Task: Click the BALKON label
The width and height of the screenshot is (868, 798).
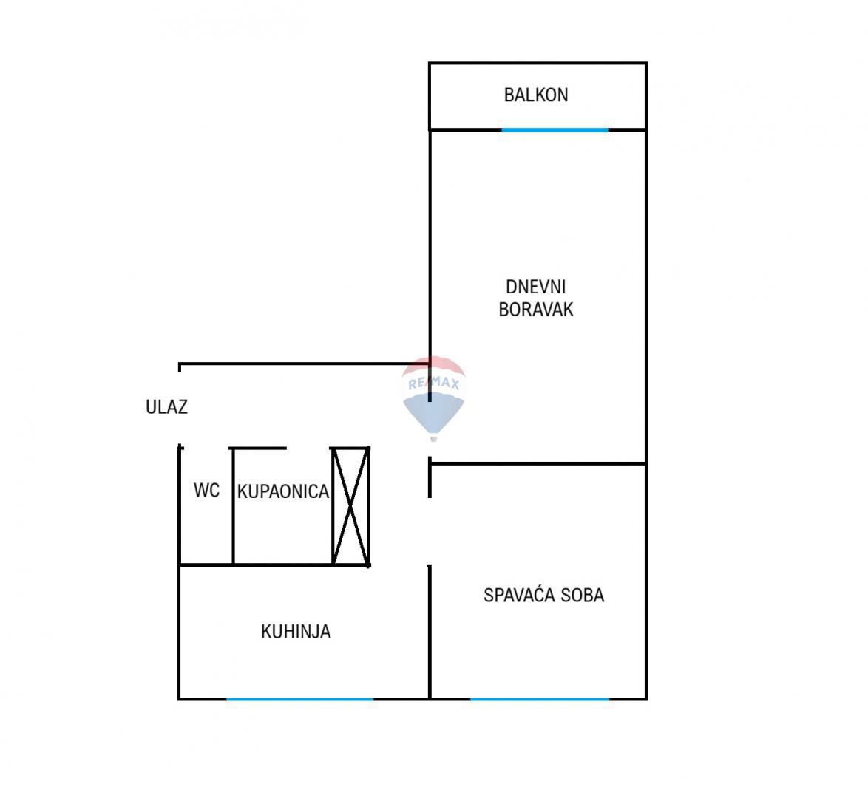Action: tap(536, 95)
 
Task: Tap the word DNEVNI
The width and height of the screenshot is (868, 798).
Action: tap(535, 287)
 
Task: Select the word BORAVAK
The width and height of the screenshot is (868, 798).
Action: tap(535, 310)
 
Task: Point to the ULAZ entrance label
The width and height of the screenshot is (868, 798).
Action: tap(166, 407)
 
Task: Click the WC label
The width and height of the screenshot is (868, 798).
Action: tap(206, 491)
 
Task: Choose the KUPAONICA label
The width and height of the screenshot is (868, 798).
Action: tap(282, 492)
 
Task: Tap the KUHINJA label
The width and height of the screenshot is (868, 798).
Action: tap(296, 632)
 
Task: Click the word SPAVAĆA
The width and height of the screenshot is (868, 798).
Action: tap(515, 595)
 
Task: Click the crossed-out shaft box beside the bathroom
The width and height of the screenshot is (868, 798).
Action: tap(350, 506)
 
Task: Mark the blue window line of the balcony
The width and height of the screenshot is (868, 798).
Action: tap(555, 130)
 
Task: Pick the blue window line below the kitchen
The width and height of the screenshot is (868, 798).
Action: tap(299, 699)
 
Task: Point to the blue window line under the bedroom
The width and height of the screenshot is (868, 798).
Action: tap(540, 699)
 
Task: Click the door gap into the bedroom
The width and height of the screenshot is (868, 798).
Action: tap(430, 531)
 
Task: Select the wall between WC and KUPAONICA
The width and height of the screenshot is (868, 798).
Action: tap(234, 507)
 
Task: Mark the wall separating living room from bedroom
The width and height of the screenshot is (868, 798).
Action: tap(538, 464)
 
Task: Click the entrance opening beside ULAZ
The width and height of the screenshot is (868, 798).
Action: tap(180, 406)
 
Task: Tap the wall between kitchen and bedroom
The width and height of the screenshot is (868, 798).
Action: tap(430, 632)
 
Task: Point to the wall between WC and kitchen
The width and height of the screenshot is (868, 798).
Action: tap(207, 565)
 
